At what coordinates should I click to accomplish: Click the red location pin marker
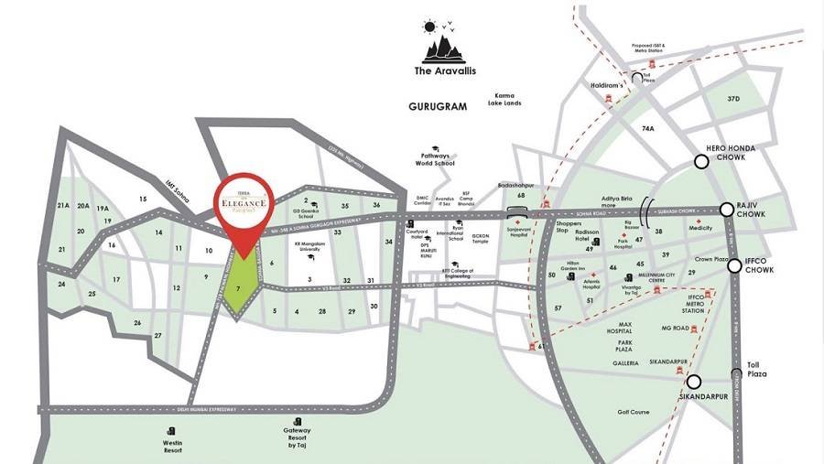point(241,211)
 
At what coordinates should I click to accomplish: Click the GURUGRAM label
point(438,106)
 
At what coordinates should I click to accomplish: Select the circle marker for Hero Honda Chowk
point(702,163)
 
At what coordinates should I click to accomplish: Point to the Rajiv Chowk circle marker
point(728,209)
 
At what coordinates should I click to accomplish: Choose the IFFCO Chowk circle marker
point(734,266)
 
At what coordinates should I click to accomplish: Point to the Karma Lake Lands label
point(507,100)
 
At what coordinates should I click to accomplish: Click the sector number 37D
point(732,98)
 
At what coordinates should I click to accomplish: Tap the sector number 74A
point(648,129)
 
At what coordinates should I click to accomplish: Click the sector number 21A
point(63,206)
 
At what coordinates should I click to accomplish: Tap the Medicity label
point(700,231)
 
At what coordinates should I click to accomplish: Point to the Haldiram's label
point(606,84)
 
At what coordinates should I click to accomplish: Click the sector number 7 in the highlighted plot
point(238,288)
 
